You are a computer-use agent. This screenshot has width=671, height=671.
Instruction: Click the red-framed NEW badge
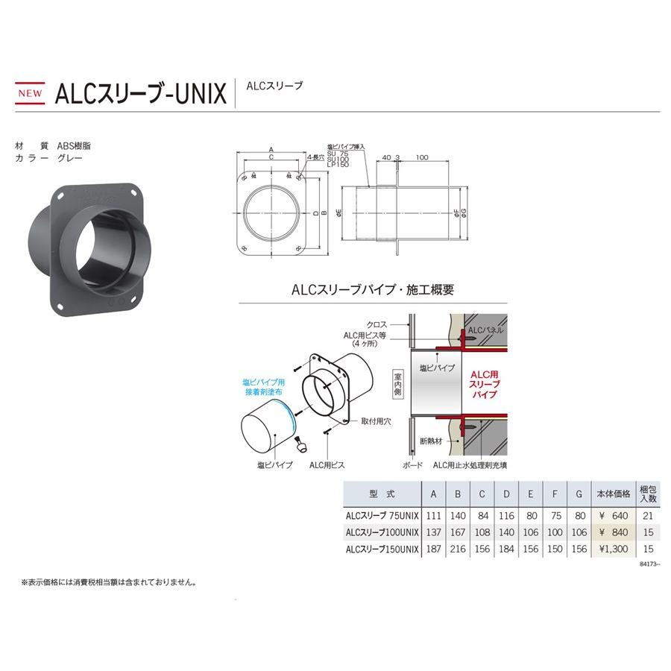30,93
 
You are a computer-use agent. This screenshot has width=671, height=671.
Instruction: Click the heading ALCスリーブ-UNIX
140,94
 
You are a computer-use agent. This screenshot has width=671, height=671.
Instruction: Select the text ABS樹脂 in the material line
74,146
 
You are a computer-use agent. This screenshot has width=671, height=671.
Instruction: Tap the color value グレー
69,158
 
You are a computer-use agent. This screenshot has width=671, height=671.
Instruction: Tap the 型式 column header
380,494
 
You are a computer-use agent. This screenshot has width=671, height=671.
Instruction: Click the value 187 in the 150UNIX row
433,549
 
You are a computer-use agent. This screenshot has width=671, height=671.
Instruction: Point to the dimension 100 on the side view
422,158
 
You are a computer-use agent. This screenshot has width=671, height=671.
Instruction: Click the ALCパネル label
489,329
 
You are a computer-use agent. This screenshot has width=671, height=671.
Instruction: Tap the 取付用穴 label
376,421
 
